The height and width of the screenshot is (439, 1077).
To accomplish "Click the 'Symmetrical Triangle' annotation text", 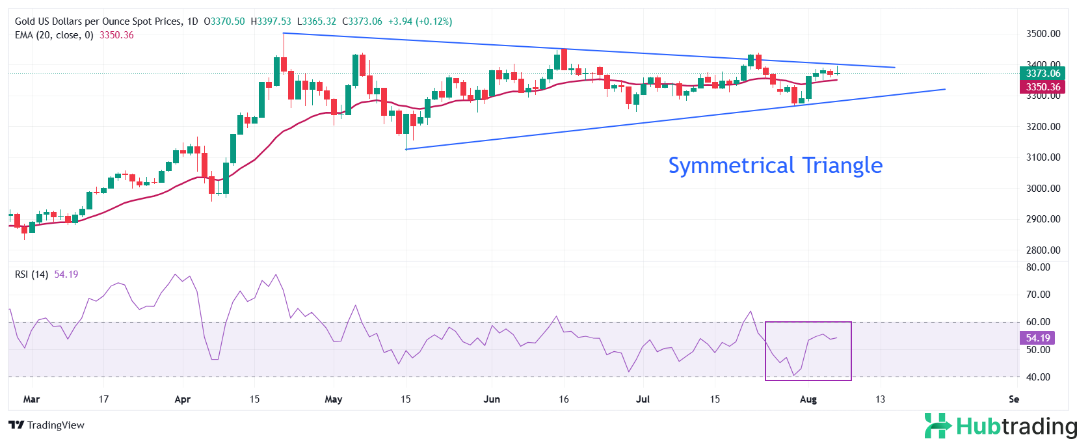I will click(x=775, y=165).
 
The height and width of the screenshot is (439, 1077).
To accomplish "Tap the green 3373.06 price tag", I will click(x=1043, y=73).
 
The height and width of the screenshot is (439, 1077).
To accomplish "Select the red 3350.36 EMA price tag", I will click(x=1043, y=87).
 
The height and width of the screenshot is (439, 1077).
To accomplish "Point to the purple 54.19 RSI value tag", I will click(x=1037, y=338).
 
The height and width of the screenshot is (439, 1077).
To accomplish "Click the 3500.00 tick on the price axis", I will click(x=1043, y=34).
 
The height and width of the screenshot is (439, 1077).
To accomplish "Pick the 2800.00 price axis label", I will click(x=1043, y=250).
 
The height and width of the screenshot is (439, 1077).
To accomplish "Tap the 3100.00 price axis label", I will click(x=1043, y=157).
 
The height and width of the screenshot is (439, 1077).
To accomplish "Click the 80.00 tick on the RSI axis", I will click(x=1038, y=267).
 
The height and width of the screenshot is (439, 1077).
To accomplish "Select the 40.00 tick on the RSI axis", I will click(x=1038, y=377).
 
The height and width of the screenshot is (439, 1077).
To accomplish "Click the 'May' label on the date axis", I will click(x=333, y=399).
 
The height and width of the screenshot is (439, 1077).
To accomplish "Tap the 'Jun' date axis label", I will click(x=492, y=399).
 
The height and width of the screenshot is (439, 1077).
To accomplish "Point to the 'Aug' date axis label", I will click(x=808, y=399).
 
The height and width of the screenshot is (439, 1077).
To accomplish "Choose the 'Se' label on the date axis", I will click(x=1013, y=399).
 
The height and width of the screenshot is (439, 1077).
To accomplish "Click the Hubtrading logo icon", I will click(x=938, y=426).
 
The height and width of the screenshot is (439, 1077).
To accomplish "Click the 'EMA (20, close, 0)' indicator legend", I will click(x=54, y=35).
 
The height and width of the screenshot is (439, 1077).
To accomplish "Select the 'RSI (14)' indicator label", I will click(x=31, y=274).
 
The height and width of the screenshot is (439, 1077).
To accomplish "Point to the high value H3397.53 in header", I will click(x=271, y=21).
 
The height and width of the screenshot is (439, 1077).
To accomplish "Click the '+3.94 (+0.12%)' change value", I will click(x=419, y=21).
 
